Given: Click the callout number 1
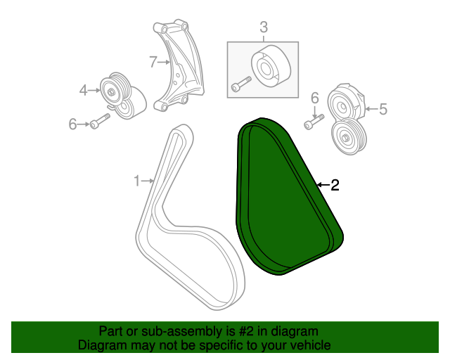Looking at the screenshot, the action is [137, 181].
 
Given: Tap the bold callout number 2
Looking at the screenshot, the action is [335, 185].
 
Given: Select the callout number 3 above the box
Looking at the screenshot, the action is [264, 27].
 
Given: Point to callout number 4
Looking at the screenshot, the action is [83, 90].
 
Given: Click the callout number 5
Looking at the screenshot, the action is [383, 109].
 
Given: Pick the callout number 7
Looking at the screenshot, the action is [153, 62].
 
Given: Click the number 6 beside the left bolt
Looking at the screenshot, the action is [72, 124].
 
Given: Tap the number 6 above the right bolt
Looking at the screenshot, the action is [315, 98].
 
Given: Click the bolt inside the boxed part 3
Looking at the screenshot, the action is [241, 84].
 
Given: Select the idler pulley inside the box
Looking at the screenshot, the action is [271, 65].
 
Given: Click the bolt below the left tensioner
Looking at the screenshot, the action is [100, 121].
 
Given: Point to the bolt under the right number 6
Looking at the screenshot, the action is [314, 122].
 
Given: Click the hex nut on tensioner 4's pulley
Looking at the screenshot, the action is [111, 92].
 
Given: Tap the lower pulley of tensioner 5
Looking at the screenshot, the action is [349, 137].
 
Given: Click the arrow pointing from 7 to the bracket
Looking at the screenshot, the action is [164, 62].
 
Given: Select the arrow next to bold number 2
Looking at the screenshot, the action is [323, 185].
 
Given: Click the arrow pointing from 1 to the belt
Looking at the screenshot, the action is [148, 181].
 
